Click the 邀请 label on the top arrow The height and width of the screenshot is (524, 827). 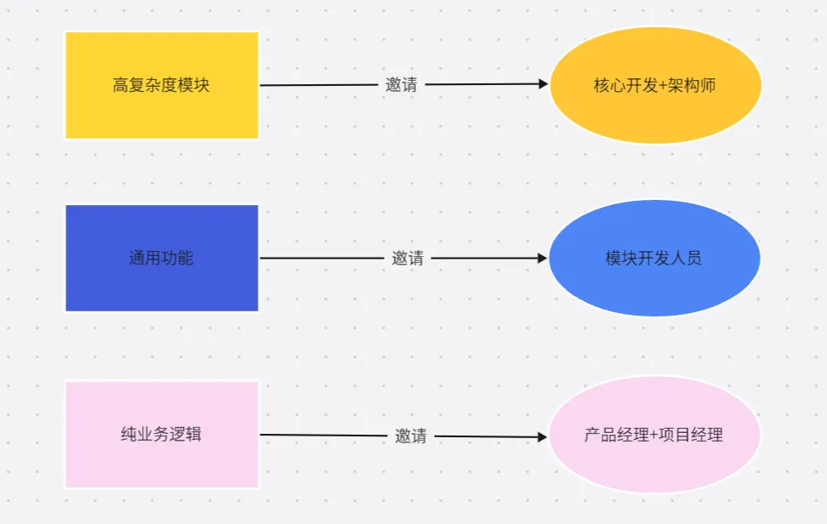tap(402, 85)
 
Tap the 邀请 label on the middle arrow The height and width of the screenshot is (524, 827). tap(408, 258)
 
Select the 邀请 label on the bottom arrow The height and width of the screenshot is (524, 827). tap(410, 436)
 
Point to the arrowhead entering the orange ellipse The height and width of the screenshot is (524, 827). tap(544, 83)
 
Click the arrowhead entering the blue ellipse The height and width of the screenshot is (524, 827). tap(542, 258)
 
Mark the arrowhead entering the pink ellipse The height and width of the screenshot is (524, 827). tap(542, 437)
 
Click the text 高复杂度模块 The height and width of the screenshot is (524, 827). tap(161, 85)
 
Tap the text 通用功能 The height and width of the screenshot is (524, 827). tap(161, 258)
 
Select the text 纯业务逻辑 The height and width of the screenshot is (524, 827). tap(161, 434)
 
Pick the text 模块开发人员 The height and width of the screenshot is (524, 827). tap(653, 258)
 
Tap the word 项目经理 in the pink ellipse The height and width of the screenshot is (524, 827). tap(691, 435)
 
